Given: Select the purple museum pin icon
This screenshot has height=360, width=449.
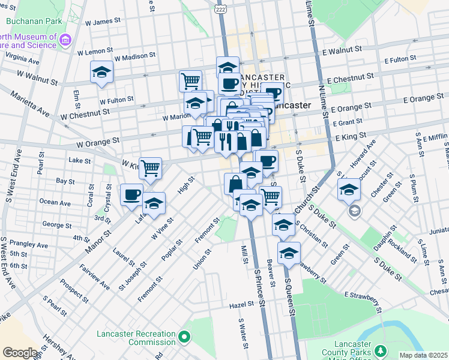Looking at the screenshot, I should coord(65,41).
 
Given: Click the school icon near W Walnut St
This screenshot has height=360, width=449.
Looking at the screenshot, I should coord(101,73).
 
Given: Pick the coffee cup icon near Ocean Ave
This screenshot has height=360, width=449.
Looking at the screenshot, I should coord(131,194).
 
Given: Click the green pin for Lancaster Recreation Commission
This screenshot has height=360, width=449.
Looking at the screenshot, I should coord(184,340).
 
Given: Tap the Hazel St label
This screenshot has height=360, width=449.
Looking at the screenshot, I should coord(243,305).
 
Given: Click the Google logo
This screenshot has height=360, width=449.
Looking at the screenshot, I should coord(20,352).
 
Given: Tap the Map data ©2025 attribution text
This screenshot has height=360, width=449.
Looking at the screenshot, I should coord(423,355).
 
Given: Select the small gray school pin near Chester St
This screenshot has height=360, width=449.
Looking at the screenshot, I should coord(354,211).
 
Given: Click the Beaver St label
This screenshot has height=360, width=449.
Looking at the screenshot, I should coord(273,277).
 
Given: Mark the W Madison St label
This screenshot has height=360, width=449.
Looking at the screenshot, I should coord(135,55).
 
